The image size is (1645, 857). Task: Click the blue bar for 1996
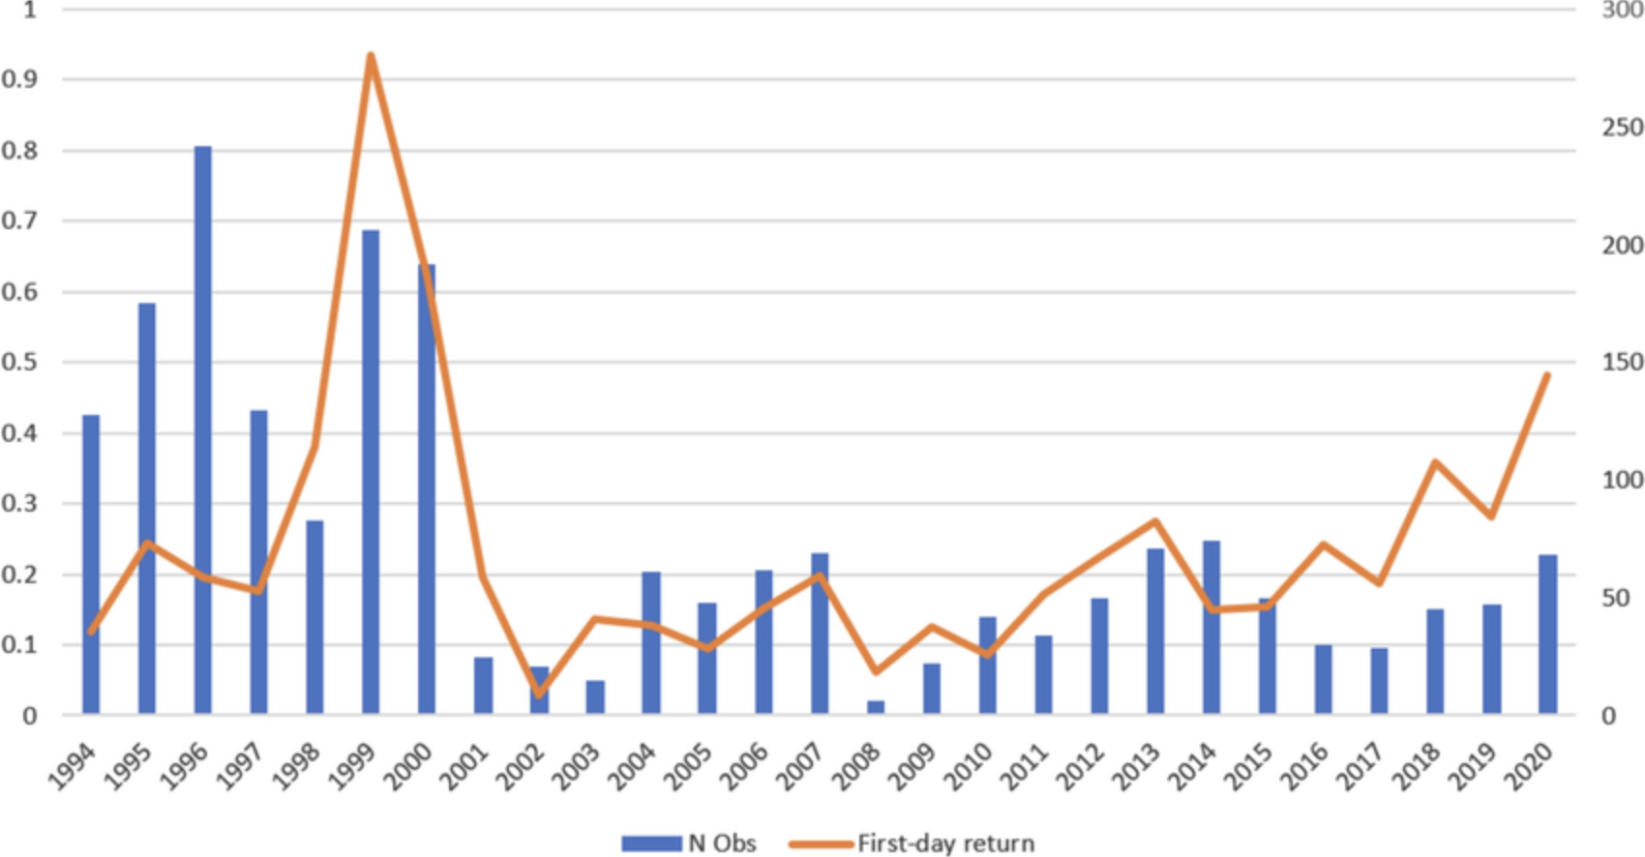(203, 430)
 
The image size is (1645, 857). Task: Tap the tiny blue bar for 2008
(876, 708)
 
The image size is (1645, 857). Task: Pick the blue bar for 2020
(1547, 635)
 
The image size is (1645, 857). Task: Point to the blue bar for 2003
(595, 697)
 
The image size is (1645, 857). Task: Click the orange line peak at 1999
(371, 55)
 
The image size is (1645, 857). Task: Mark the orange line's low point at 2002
(539, 694)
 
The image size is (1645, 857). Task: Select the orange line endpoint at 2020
(1547, 375)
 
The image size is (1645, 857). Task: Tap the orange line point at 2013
(1155, 521)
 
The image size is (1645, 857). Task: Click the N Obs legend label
(722, 843)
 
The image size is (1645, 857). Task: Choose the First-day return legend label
(945, 843)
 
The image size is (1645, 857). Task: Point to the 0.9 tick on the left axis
(19, 79)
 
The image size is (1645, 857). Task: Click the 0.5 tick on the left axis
(19, 363)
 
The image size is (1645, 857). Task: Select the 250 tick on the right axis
(1623, 128)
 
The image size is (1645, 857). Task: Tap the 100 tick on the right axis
(1623, 481)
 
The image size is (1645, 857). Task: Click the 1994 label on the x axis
(74, 768)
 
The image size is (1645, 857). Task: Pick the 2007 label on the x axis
(802, 768)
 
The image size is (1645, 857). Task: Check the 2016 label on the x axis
(1306, 768)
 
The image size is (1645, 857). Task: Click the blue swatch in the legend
(651, 843)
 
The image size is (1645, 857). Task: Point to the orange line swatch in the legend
(821, 843)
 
